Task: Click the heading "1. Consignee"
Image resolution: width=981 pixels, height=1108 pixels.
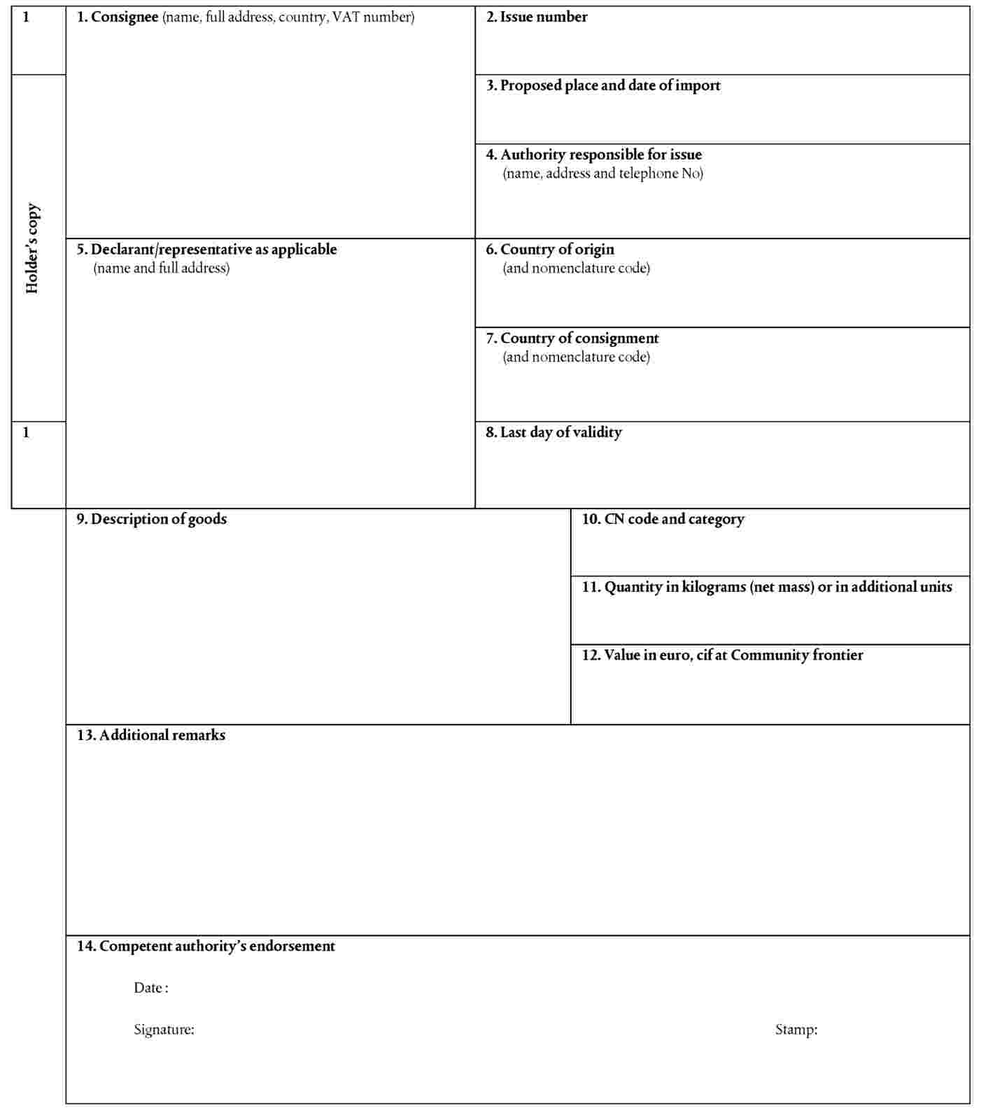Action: click(118, 17)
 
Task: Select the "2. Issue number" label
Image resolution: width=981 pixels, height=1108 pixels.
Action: click(537, 17)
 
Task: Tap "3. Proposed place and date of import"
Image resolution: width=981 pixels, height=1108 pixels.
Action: click(603, 86)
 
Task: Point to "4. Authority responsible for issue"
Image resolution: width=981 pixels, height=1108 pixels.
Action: click(594, 155)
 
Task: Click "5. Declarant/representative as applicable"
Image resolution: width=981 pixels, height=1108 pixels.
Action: click(206, 250)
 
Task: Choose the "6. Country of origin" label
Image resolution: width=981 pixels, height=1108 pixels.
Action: click(550, 250)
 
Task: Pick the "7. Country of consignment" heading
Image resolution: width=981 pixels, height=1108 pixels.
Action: click(572, 339)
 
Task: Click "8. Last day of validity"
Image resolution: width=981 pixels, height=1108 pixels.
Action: click(553, 432)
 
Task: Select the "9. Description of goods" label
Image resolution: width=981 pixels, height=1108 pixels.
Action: click(152, 519)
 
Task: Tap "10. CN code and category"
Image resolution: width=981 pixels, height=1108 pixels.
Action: click(663, 519)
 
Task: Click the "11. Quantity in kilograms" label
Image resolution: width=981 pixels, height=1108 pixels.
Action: click(767, 587)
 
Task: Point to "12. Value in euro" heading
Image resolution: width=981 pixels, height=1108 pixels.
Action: click(722, 655)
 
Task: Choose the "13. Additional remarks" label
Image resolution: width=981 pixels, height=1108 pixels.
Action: click(151, 735)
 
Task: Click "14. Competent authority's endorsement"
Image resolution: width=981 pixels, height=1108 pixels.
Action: click(206, 946)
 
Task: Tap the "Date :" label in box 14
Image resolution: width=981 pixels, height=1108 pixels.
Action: click(151, 988)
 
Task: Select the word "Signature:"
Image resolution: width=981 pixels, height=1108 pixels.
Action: click(164, 1030)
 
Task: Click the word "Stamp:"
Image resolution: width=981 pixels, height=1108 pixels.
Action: click(796, 1030)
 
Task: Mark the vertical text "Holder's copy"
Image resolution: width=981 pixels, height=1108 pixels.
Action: click(32, 248)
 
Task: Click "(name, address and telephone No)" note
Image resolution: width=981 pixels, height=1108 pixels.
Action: click(602, 173)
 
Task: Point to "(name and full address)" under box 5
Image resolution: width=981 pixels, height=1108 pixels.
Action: click(161, 268)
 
